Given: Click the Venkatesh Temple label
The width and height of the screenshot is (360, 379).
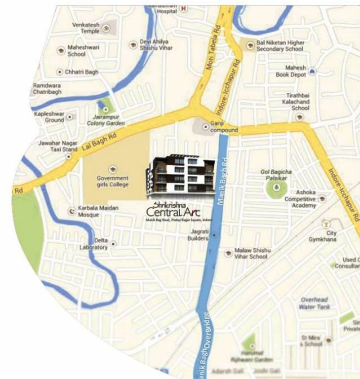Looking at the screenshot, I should click(86, 28).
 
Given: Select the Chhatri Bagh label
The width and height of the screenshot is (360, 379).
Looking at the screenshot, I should click(81, 72).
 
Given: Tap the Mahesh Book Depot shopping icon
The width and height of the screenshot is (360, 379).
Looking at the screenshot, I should click(312, 72).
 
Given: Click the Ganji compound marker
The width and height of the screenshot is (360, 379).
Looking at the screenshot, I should click(205, 127).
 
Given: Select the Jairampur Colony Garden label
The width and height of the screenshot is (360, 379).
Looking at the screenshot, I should click(106, 120).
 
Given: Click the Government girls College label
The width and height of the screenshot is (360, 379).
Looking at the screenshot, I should click(113, 181).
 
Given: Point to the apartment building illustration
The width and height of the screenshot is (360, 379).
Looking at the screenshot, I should click(180, 174).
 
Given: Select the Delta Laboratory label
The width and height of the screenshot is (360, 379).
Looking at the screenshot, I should click(94, 244).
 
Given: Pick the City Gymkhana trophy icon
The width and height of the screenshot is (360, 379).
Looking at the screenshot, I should click(326, 225).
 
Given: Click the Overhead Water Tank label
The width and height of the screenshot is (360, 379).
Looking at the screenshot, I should click(315, 303).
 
